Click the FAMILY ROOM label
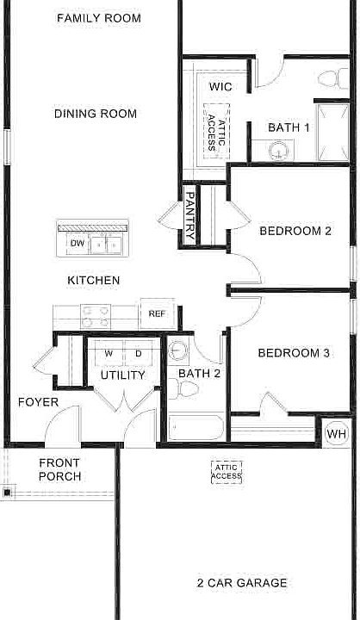(x=98, y=18)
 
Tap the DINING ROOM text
(x=95, y=114)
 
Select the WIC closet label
(x=221, y=87)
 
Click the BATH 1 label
(x=289, y=127)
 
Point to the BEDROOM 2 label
(x=295, y=231)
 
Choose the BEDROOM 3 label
(x=294, y=353)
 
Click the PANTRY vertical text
(x=189, y=215)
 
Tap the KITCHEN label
(x=94, y=281)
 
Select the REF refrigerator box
(x=157, y=314)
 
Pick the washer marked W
(x=109, y=354)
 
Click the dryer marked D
(x=138, y=354)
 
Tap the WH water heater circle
(x=336, y=434)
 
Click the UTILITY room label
(x=122, y=375)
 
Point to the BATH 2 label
(x=200, y=374)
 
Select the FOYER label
(x=38, y=402)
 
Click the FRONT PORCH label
(x=60, y=469)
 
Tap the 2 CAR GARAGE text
(x=242, y=583)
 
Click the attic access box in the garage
(x=227, y=471)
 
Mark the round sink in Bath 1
(x=279, y=152)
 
